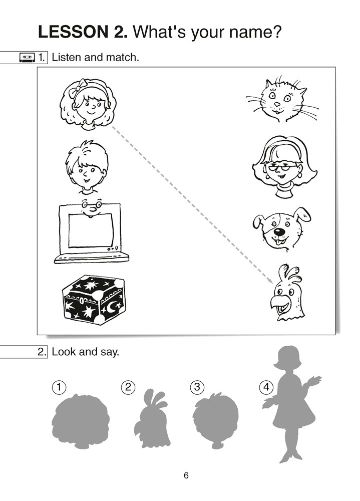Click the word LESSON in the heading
coord(74,32)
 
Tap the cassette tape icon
coord(27,58)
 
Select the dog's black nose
coord(280,231)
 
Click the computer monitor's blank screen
coord(91,230)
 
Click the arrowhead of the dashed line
coord(270,281)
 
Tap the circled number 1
coord(59,387)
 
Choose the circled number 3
coord(197,387)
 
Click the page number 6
coord(186,475)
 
